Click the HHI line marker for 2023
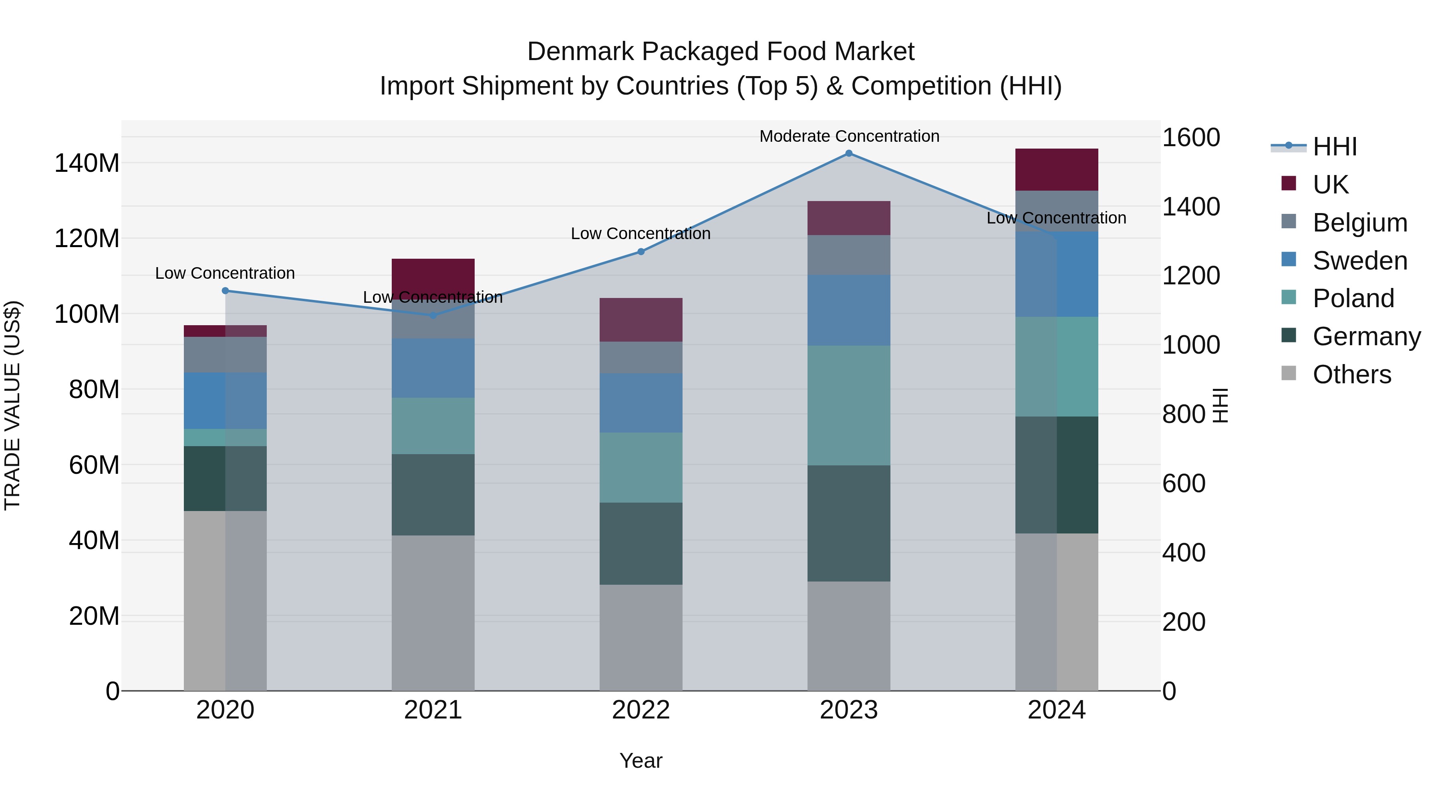849,153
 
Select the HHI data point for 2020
226,290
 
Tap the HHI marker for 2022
641,252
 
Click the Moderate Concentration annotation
849,136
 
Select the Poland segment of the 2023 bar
849,405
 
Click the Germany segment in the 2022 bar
641,543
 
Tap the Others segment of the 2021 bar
433,613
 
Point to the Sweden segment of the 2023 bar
849,310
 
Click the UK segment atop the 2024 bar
1056,169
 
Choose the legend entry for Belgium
1360,223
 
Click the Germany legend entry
1366,336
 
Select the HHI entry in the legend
1335,147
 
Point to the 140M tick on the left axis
87,163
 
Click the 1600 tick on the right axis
1191,138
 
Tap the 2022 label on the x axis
641,710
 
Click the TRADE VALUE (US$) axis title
12,405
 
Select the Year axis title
641,761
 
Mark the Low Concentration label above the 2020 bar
225,273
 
